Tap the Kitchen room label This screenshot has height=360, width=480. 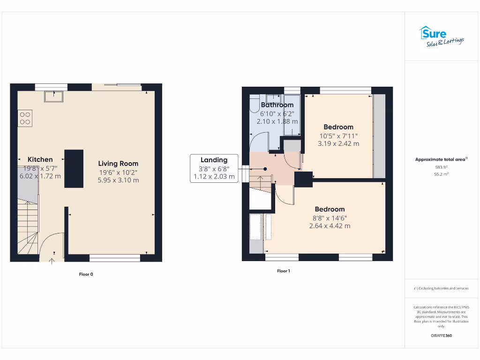[x=40, y=159]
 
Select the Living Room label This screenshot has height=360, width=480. [x=118, y=164]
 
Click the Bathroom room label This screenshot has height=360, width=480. [x=277, y=105]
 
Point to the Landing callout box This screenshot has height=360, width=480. [x=214, y=168]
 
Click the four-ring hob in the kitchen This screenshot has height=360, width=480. [x=25, y=117]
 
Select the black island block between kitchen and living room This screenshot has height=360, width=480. [x=74, y=169]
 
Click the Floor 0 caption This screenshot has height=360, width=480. [x=86, y=274]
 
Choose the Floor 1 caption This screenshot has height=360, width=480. [x=283, y=271]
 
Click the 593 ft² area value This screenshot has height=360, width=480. [x=441, y=167]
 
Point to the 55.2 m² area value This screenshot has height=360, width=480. [x=441, y=174]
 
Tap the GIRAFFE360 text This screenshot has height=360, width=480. [x=441, y=336]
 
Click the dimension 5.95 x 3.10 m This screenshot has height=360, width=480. [x=118, y=180]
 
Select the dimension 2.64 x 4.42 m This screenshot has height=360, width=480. [x=330, y=226]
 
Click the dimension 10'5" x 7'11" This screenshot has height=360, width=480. [x=338, y=136]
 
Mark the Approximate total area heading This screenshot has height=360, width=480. [x=441, y=159]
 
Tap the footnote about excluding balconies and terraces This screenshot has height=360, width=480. [x=441, y=288]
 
